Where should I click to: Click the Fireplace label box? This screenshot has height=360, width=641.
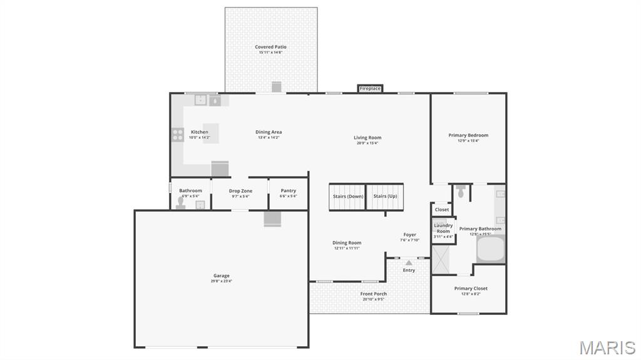coord(370,89)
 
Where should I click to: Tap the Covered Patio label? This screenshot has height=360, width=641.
coord(271,47)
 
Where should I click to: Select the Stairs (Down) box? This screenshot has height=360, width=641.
coord(347,197)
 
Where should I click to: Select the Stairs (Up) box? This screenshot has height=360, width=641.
coord(385,197)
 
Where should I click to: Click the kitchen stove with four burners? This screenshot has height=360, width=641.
coord(178,135)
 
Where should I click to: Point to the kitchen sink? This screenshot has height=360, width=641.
coord(201,100)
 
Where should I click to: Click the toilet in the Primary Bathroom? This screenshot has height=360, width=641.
coord(461,192)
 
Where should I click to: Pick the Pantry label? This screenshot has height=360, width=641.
coord(289,191)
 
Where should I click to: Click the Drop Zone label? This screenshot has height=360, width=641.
coord(240,191)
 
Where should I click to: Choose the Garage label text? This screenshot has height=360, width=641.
coord(221,275)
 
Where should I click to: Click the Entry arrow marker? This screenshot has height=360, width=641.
coord(409,263)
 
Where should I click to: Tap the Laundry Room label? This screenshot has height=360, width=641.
coord(443,229)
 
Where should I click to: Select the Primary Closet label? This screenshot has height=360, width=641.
coord(471,289)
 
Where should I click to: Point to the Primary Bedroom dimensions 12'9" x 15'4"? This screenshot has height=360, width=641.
coord(468,141)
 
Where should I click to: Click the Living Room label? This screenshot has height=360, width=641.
coord(367,138)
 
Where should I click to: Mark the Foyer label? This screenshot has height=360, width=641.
coord(409,235)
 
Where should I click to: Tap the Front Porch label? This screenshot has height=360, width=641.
coord(374,294)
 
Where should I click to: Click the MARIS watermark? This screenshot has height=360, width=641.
coord(607,347)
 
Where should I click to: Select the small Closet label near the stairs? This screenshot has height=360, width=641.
coord(442,210)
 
